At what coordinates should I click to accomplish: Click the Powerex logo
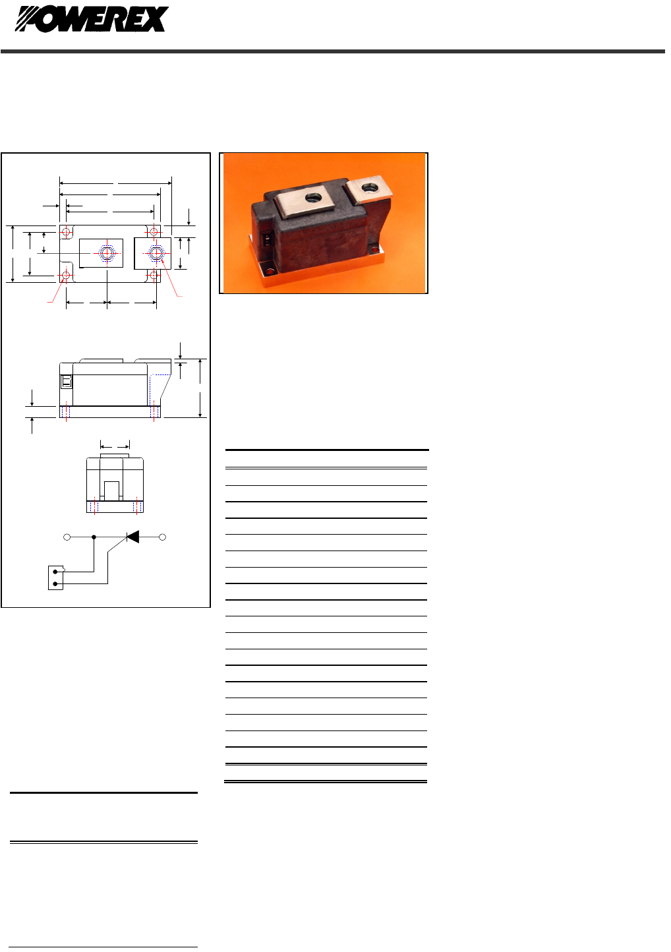pyautogui.click(x=92, y=19)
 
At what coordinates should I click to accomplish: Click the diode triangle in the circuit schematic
pyautogui.click(x=133, y=537)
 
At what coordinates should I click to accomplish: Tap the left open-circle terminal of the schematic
pyautogui.click(x=67, y=537)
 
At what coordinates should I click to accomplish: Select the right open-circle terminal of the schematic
pyautogui.click(x=162, y=537)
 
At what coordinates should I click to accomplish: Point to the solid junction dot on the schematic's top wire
pyautogui.click(x=94, y=537)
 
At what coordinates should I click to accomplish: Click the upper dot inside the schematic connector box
pyautogui.click(x=55, y=572)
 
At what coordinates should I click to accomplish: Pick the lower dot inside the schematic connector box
pyautogui.click(x=55, y=584)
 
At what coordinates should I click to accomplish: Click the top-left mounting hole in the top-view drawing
pyautogui.click(x=66, y=232)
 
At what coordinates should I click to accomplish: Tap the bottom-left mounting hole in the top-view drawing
pyautogui.click(x=66, y=276)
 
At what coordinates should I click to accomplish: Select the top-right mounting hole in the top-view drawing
pyautogui.click(x=154, y=232)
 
